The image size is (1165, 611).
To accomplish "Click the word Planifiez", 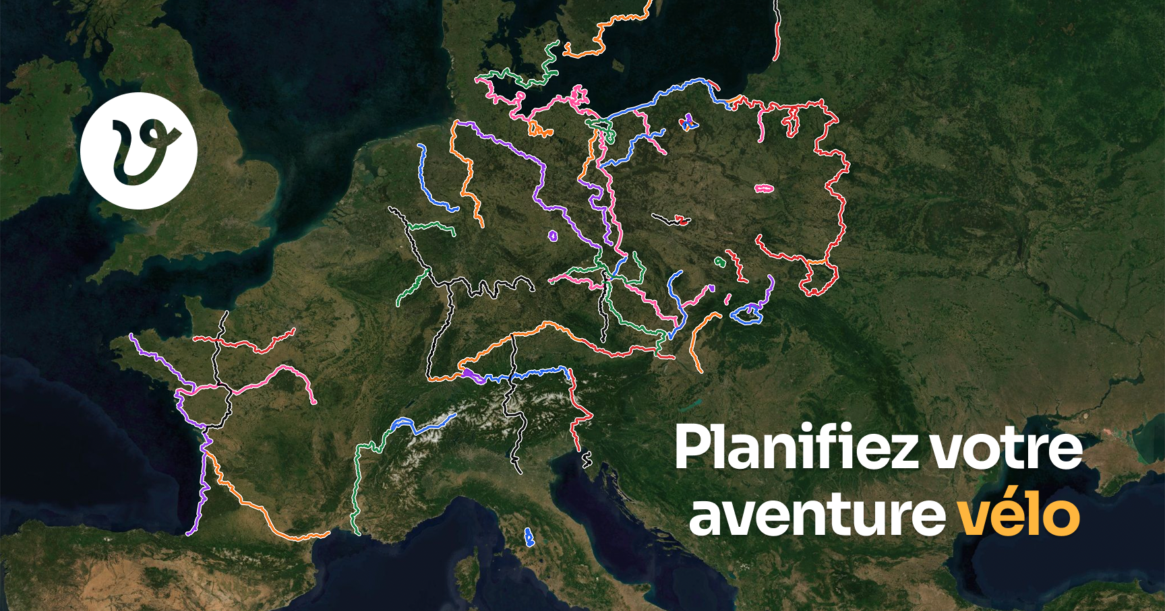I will (796, 448).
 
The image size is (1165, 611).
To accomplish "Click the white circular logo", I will (139, 150).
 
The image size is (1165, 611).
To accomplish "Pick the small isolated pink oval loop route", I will (764, 189).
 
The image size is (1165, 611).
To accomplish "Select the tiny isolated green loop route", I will (720, 261).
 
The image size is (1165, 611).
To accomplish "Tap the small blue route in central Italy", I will (529, 537).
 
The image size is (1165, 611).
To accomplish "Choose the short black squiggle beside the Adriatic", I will (587, 460).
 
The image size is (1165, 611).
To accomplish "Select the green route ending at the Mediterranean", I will (356, 485).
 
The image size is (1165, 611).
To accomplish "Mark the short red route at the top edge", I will (777, 34).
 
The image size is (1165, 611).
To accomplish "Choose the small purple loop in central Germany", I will (553, 236).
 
